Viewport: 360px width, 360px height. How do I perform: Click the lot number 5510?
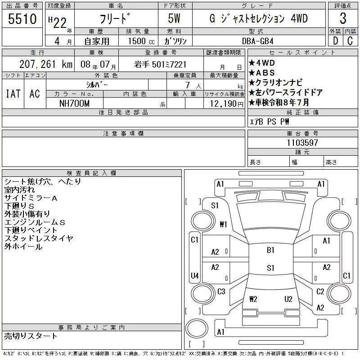22,19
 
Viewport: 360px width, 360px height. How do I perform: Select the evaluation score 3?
343,19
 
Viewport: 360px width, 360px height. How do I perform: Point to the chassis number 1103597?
302,143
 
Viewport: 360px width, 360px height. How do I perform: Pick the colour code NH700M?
75,103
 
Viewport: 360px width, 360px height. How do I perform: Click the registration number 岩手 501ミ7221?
160,65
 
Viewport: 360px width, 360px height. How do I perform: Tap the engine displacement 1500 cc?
137,40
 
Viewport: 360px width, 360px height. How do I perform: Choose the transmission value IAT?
13,93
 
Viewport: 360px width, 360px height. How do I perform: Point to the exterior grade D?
334,40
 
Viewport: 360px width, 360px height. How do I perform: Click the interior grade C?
350,40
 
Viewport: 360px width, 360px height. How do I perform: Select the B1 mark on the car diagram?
270,250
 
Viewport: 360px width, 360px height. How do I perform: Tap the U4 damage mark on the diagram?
194,275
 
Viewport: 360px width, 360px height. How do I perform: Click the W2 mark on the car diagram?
253,298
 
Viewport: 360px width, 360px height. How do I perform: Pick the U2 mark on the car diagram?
288,298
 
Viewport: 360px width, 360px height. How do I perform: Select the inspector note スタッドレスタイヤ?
39,238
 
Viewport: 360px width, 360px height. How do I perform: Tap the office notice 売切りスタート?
31,336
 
